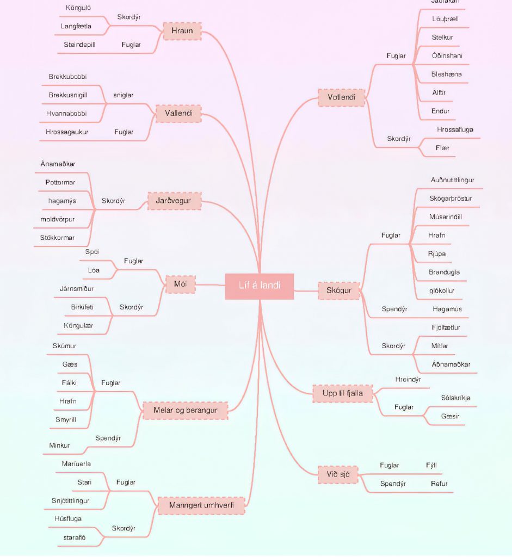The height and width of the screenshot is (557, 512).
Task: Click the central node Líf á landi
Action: coord(260,286)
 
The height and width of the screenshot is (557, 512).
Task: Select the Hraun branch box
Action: coord(182,31)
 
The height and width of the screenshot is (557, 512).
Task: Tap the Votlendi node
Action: coord(341,97)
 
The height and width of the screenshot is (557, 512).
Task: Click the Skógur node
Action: coord(338,290)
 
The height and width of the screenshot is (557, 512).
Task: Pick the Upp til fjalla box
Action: coord(343,393)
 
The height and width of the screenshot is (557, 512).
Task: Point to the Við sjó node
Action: coord(338,475)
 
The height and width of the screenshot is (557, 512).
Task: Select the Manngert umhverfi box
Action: coord(201,505)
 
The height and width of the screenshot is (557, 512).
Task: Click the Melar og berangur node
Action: coord(185,410)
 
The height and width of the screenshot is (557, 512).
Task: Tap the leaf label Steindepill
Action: coord(80,45)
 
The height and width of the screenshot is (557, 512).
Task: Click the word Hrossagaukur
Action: coord(67,132)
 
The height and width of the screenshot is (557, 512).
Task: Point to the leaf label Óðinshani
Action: coord(447,55)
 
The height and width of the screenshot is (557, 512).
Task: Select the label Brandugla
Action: coord(444,272)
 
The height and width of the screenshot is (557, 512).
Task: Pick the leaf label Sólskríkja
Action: coord(455,398)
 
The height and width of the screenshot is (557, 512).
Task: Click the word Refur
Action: coord(439,484)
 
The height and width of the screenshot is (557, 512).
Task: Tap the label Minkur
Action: coord(59,445)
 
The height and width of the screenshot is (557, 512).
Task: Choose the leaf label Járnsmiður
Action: coord(77,289)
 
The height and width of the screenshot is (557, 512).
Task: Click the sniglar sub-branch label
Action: coord(124,95)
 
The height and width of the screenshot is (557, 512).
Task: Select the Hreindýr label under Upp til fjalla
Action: coord(408,380)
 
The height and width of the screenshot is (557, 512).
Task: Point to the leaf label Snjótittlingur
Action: coord(71,500)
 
